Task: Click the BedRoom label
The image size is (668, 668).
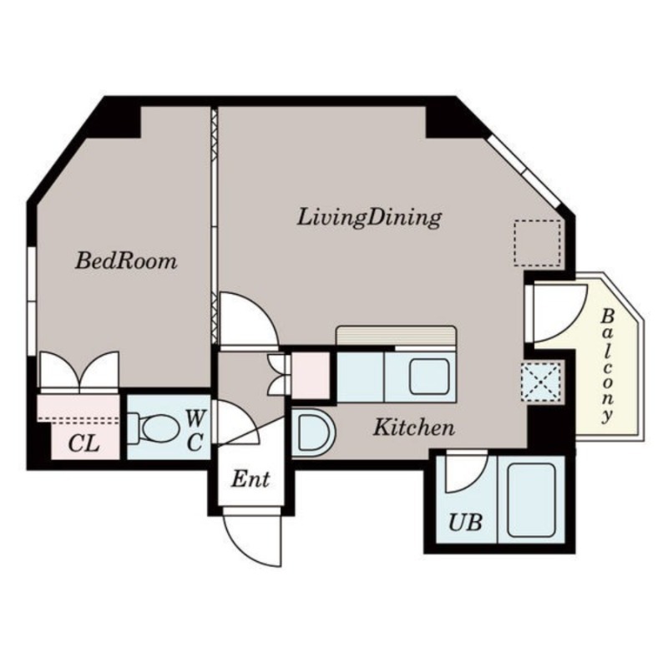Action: (x=126, y=261)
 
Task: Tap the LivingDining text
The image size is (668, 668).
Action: (x=369, y=218)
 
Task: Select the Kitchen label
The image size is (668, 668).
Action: (x=413, y=428)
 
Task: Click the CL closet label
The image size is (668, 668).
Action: (x=83, y=443)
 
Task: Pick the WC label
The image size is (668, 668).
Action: (x=194, y=429)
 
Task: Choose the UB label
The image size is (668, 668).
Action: (x=465, y=524)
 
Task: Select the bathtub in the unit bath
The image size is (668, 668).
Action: (x=531, y=498)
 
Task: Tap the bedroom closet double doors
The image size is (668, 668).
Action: (x=79, y=372)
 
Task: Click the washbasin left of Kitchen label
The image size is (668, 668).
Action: (x=313, y=433)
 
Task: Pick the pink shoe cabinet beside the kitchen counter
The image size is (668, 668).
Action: (x=311, y=373)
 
